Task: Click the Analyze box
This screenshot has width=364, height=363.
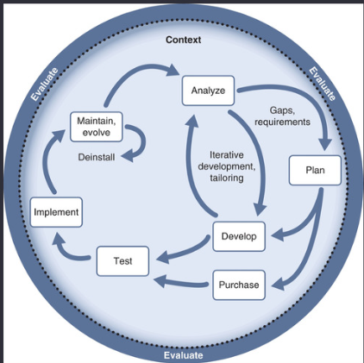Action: [x=208, y=91]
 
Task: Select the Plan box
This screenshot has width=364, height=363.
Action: [x=315, y=170]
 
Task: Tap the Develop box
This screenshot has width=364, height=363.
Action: [x=239, y=236]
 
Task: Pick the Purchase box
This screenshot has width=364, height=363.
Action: [x=239, y=285]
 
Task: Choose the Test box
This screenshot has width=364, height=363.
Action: [x=122, y=261]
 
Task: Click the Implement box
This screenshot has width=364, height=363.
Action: [x=56, y=212]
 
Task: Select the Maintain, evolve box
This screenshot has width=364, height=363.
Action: [x=97, y=127]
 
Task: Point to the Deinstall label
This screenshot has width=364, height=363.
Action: [x=97, y=157]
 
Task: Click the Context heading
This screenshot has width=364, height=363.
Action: [x=183, y=40]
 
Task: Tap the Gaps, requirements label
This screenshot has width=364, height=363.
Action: [x=282, y=116]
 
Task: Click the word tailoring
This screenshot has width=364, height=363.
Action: [x=227, y=178]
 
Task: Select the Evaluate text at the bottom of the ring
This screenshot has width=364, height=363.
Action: [x=184, y=355]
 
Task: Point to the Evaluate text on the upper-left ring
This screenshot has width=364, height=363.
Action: [x=45, y=84]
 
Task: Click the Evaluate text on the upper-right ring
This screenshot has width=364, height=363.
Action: [x=323, y=84]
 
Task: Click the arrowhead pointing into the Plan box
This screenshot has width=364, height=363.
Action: [x=325, y=144]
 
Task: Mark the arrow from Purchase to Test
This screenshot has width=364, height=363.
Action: [x=181, y=282]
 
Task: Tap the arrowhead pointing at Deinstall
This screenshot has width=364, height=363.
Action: [x=128, y=156]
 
